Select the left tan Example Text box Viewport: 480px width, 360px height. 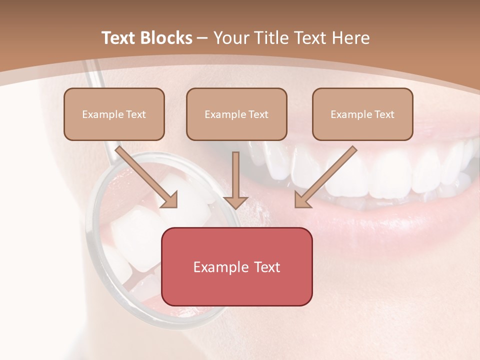114,114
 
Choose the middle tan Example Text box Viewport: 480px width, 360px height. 236,114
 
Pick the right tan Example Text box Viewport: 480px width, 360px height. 362,114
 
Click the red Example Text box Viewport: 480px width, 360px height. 236,266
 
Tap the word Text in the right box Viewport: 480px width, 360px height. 384,114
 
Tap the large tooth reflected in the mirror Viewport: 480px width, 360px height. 135,230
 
